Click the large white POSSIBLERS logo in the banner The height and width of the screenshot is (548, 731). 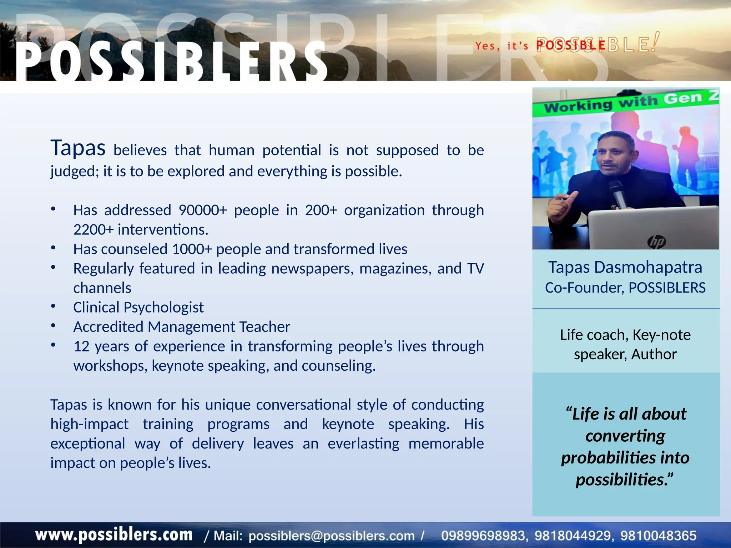pos(171,61)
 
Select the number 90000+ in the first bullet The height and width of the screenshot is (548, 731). pos(202,210)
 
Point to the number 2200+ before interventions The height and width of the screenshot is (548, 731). pos(94,230)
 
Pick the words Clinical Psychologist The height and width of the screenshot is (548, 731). pos(138,307)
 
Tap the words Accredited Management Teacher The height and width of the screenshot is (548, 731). pos(182,327)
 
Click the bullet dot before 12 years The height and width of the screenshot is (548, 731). pos(53,345)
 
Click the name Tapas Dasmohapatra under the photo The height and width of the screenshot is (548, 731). pos(625,267)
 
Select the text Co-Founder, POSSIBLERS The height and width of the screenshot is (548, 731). pos(625,288)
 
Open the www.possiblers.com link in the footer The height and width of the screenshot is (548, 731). pos(114,535)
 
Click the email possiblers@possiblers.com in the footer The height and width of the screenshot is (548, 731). pos(331,536)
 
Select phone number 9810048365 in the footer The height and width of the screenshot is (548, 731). pos(658,536)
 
